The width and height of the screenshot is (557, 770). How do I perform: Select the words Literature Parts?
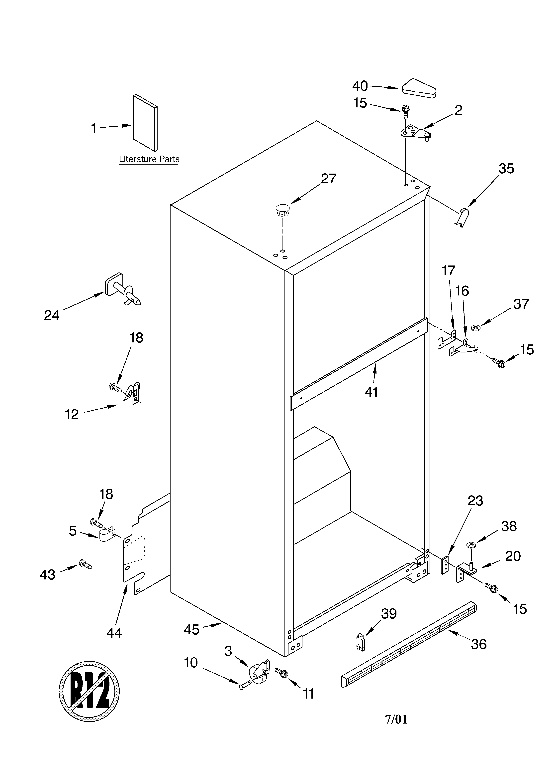point(149,159)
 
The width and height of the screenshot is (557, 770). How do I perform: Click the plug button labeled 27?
point(283,210)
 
